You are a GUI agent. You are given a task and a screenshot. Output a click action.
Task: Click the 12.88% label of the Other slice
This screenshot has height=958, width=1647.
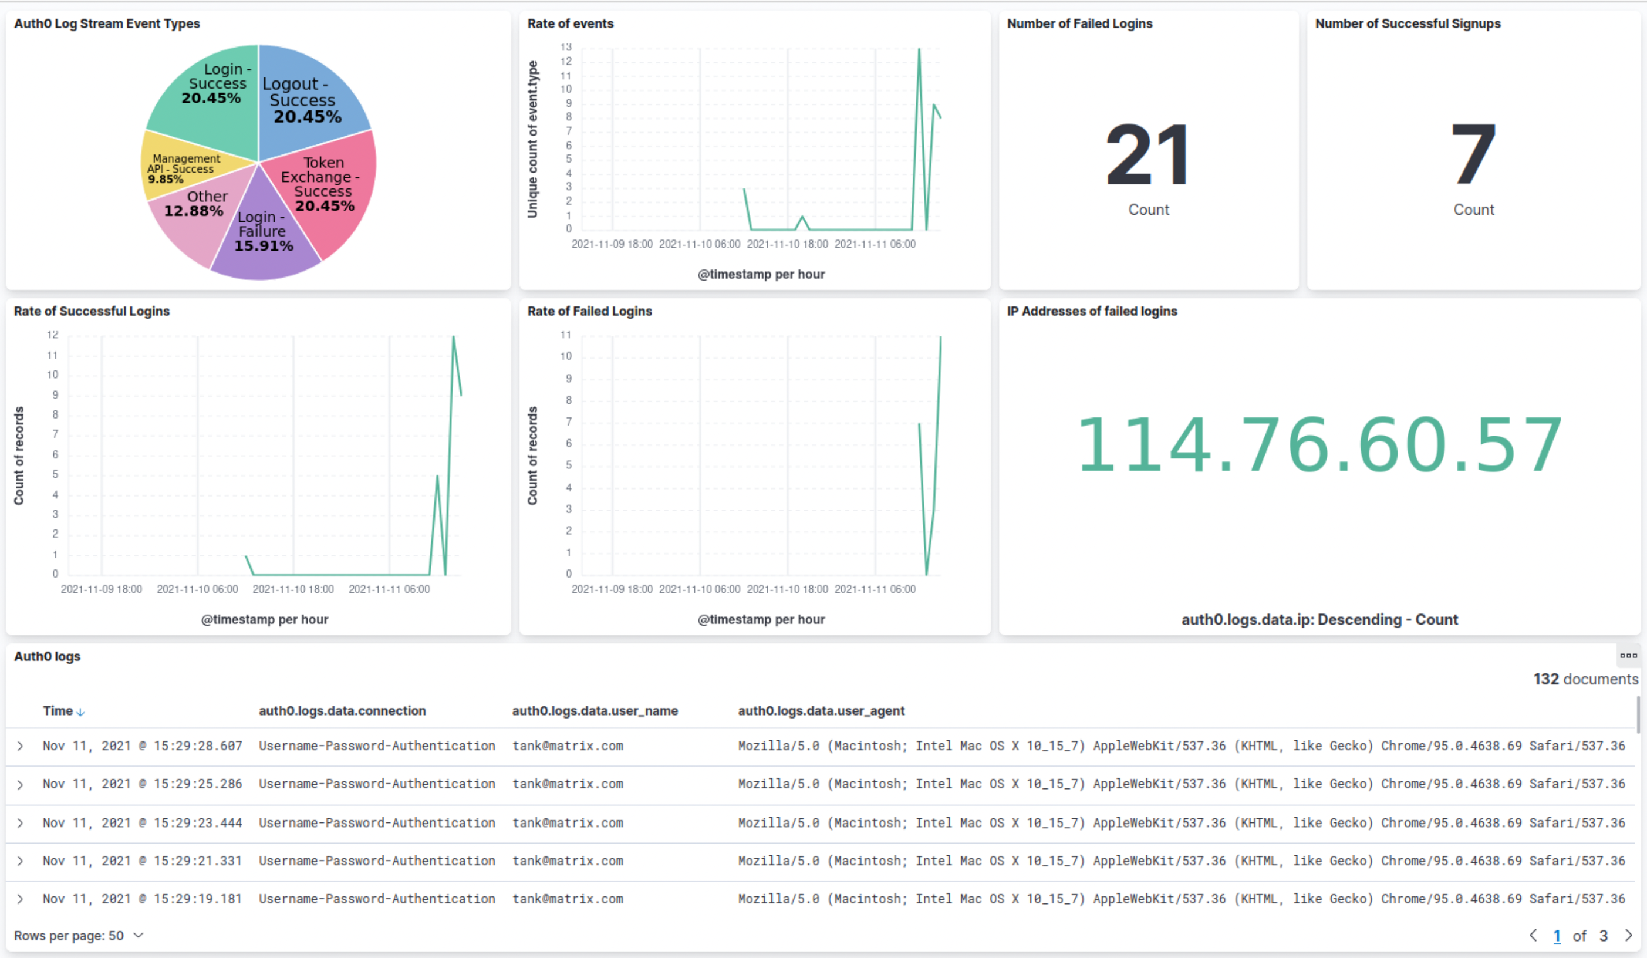tap(194, 211)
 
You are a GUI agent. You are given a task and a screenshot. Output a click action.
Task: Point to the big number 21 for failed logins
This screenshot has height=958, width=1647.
tap(1147, 156)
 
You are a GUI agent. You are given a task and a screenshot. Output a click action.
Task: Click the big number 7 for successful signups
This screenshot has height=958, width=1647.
tap(1473, 156)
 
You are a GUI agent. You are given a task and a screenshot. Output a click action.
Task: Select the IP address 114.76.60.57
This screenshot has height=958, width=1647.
tap(1319, 445)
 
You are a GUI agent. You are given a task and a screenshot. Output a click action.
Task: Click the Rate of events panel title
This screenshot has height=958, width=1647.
tap(570, 23)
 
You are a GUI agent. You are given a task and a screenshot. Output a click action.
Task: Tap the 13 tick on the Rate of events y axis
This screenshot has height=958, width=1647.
tap(565, 47)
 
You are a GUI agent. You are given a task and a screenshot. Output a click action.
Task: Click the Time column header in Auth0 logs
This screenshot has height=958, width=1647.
tap(58, 710)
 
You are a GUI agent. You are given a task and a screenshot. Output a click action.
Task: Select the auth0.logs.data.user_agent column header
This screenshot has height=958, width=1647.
tap(821, 710)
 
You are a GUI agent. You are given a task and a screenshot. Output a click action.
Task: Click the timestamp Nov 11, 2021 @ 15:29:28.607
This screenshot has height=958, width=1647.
tap(143, 746)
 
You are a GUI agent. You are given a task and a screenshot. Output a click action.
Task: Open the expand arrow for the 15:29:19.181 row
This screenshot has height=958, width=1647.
tap(21, 899)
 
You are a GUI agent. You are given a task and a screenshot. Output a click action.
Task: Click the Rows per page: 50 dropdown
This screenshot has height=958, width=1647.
tap(79, 936)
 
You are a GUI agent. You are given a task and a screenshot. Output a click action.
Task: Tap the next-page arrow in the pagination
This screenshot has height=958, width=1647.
tap(1628, 936)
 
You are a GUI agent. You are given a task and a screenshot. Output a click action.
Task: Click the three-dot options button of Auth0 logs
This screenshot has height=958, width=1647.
tap(1628, 656)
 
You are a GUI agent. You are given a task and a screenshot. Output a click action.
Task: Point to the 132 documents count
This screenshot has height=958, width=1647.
tap(1585, 679)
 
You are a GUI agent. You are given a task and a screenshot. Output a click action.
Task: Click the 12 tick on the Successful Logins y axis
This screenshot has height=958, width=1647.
tap(52, 335)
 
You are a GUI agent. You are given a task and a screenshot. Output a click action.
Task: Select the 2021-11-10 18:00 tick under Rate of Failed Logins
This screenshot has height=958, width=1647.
tap(787, 589)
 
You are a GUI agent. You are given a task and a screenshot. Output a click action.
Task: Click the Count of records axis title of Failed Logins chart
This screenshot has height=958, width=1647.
tap(532, 456)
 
